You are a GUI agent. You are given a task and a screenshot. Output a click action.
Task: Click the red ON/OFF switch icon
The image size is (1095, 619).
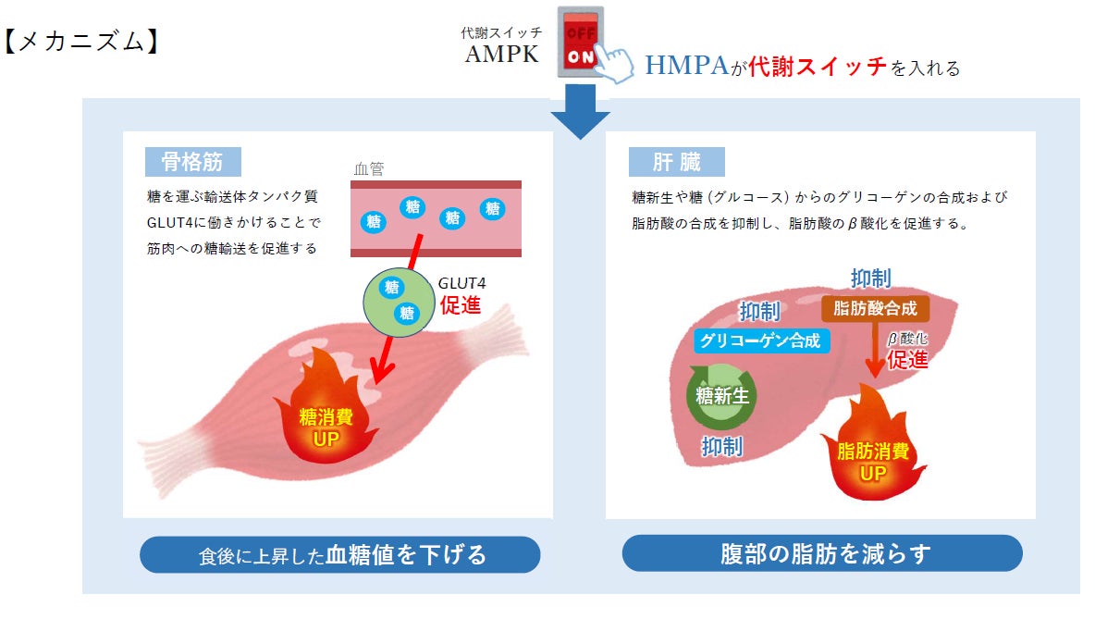pyautogui.click(x=580, y=43)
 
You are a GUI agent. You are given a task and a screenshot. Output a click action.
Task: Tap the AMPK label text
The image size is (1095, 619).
pyautogui.click(x=502, y=54)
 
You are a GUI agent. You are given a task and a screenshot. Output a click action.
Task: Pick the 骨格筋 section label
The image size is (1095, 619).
pyautogui.click(x=192, y=162)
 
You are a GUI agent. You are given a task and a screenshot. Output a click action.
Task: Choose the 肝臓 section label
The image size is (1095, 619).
pyautogui.click(x=677, y=163)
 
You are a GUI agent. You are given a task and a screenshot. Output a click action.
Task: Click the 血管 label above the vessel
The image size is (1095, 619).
pyautogui.click(x=368, y=169)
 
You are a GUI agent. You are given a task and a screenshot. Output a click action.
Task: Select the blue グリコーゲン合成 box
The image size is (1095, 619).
pyautogui.click(x=760, y=340)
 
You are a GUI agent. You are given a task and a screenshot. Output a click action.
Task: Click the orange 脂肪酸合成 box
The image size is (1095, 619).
pyautogui.click(x=875, y=308)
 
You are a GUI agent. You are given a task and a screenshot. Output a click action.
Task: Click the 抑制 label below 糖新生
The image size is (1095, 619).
pyautogui.click(x=722, y=447)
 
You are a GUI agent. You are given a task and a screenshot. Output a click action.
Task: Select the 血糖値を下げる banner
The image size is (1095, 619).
pyautogui.click(x=339, y=555)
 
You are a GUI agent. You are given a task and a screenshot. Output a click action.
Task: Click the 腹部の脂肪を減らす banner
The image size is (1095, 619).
pyautogui.click(x=822, y=553)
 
